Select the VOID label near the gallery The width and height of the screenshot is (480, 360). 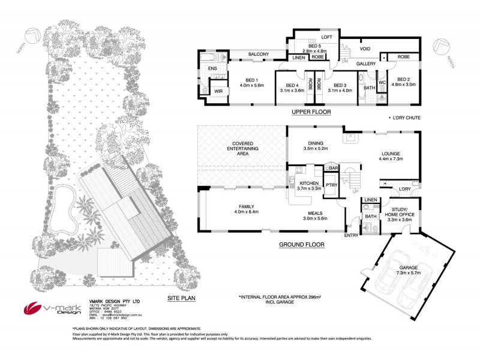coord(365,49)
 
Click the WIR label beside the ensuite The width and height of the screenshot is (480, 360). coord(218,92)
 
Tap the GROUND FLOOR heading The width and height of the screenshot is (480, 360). coord(302,245)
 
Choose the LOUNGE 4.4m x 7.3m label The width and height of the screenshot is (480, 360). coord(390,156)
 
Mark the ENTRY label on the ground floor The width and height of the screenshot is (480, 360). coord(351,235)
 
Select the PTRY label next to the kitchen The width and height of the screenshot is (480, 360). coord(331,185)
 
